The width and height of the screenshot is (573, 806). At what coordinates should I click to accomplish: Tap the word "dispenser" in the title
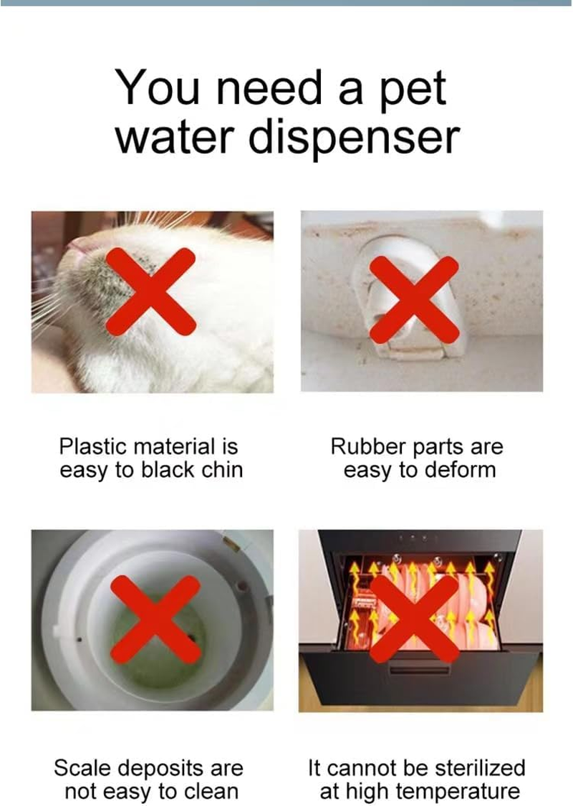tap(354, 138)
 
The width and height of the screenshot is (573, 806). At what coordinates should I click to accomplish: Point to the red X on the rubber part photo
tap(414, 299)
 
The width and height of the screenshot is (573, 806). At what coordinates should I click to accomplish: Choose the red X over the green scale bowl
tap(155, 619)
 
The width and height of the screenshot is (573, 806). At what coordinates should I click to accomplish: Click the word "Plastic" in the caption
tap(92, 446)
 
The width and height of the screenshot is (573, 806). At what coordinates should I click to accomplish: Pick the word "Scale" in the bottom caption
tap(82, 768)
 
